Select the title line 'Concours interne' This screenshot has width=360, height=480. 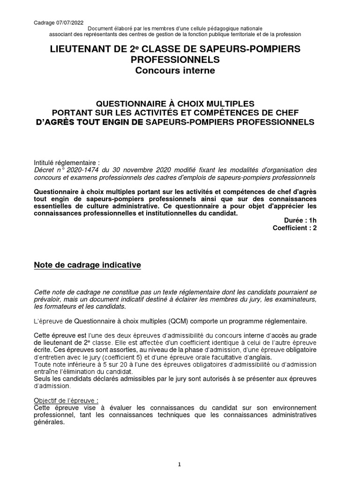pos(175,71)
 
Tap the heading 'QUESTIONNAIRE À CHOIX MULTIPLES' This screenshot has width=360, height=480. pos(175,103)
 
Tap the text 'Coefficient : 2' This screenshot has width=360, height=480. pos(295,228)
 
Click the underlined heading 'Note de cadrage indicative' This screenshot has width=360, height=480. pos(88,265)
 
